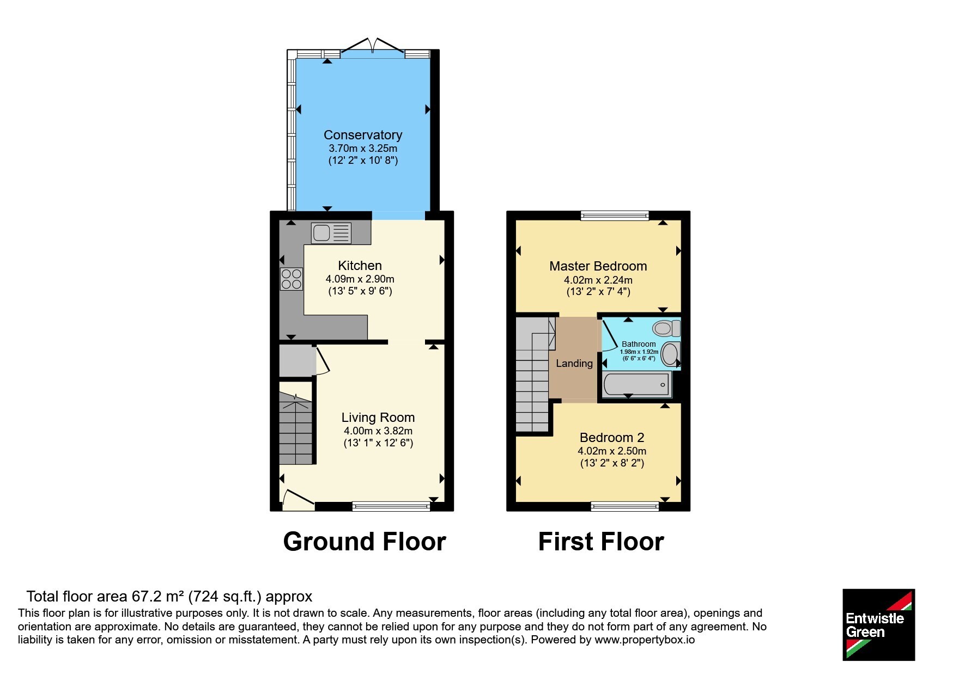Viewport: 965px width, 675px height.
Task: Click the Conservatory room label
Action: point(363,135)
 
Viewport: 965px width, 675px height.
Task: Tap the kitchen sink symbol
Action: point(331,233)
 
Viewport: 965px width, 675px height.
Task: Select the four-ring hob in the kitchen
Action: point(292,279)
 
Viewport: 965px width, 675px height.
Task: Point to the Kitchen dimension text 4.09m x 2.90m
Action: point(360,279)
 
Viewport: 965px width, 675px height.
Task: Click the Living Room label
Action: point(378,418)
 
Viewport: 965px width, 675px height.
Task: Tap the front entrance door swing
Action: point(298,500)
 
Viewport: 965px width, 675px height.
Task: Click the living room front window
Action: point(391,506)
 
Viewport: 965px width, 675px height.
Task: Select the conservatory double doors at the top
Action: point(373,46)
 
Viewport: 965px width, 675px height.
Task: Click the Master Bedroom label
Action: point(598,266)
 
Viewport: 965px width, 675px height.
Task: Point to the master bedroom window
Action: point(615,216)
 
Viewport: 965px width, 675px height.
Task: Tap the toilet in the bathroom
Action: point(666,328)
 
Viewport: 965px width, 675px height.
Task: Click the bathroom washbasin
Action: point(671,354)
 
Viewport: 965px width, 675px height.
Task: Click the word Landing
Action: point(574,364)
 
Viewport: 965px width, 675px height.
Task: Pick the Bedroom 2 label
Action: point(612,438)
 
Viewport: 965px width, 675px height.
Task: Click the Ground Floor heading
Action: point(365,542)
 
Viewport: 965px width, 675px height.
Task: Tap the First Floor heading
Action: point(601,542)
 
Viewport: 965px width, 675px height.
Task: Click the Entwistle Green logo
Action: point(878,625)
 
